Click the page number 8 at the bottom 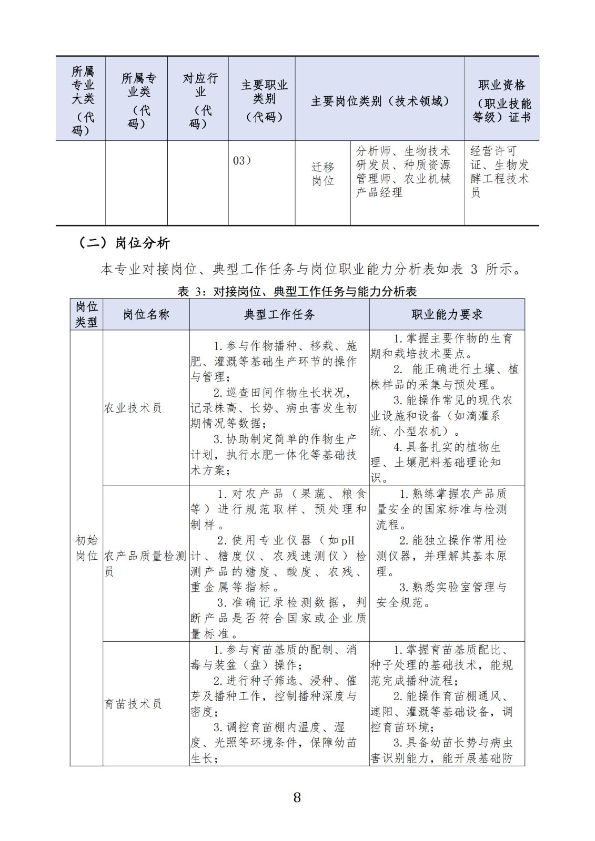pos(297,797)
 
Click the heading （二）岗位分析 pos(124,243)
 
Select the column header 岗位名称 pos(146,315)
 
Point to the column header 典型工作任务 pos(279,315)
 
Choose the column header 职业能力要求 pos(447,315)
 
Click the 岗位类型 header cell pos(86,315)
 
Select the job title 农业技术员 pos(133,408)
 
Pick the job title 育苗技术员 pos(133,704)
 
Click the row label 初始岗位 pos(86,548)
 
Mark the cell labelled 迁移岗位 pos(322,174)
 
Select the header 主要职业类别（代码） pos(264,100)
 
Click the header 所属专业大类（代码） pos(82,100)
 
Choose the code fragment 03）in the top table pos(242,161)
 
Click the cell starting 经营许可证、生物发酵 pos(500,172)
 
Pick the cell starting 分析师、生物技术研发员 pos(404,172)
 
